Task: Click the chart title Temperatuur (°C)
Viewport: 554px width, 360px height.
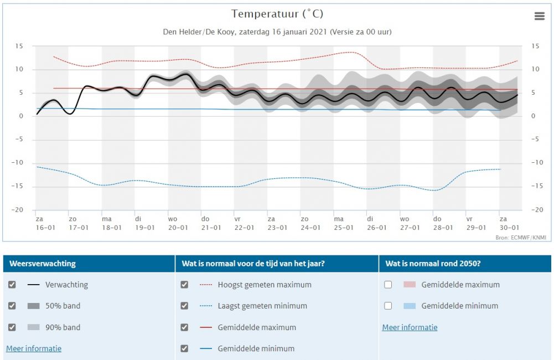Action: click(x=277, y=14)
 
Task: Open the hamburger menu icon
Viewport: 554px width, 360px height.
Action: click(x=540, y=16)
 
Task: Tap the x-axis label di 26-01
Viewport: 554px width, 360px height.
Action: click(x=377, y=223)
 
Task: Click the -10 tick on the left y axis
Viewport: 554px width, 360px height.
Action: click(x=17, y=163)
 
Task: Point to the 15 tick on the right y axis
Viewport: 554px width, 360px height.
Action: click(x=535, y=46)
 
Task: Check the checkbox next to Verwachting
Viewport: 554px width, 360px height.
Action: click(x=12, y=285)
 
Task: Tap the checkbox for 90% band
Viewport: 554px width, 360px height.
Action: click(x=12, y=327)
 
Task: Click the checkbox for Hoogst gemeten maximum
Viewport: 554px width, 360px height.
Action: click(x=184, y=285)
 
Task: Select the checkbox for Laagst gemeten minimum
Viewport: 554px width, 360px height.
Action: click(x=184, y=306)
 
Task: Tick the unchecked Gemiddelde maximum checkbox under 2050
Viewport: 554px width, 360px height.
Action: click(x=388, y=285)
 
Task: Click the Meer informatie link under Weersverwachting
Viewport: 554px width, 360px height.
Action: click(x=34, y=349)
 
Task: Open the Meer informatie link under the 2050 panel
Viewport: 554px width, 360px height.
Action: click(x=410, y=327)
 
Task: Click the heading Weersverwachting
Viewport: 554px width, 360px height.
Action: click(x=43, y=264)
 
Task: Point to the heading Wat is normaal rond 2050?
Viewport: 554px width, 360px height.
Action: click(x=433, y=264)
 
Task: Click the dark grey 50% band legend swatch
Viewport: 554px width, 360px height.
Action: click(x=34, y=306)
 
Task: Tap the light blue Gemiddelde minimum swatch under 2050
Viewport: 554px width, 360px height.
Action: click(x=410, y=306)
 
